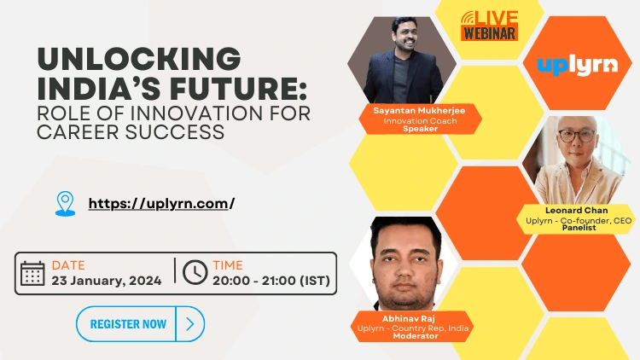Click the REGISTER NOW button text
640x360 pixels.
pos(128,324)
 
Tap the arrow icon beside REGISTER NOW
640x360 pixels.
pos(189,324)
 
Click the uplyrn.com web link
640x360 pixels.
pos(161,203)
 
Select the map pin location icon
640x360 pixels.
pos(65,203)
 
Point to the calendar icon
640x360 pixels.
pos(32,273)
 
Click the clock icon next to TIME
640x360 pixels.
pos(195,272)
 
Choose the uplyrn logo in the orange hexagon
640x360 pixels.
pos(579,65)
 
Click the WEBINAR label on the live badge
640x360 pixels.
pos(489,33)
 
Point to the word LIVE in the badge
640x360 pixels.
pos(497,17)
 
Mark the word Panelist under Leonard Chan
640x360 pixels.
pos(579,229)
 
